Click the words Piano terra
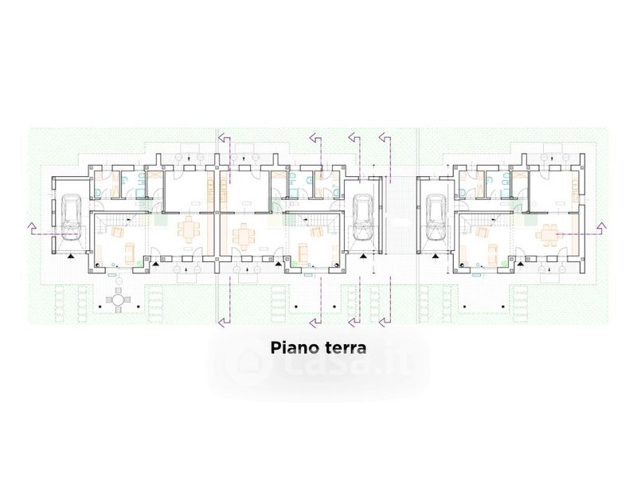(x=318, y=348)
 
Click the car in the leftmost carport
(x=68, y=219)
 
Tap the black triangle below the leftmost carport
(x=72, y=257)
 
